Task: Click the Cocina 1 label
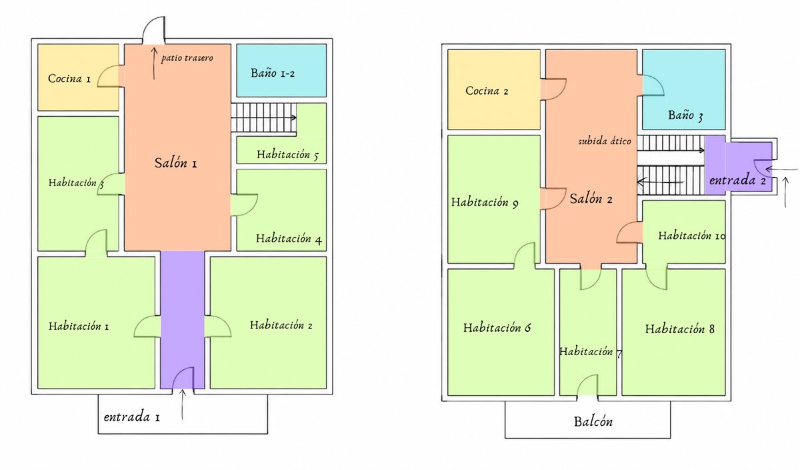tap(69, 78)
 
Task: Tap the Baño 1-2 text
tap(273, 73)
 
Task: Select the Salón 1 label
tap(175, 163)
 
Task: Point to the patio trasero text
tap(187, 58)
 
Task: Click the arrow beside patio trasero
tap(154, 63)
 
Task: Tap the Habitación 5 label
tap(287, 155)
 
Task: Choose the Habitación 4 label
tap(289, 238)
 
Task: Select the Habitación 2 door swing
tap(217, 326)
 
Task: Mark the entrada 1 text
tap(132, 417)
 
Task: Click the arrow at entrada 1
tap(183, 405)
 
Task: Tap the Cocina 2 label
tap(487, 91)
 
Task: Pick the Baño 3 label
tap(685, 115)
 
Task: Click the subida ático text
tap(604, 142)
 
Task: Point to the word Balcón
tap(593, 422)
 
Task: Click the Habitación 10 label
tap(692, 236)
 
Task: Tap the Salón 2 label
tap(591, 198)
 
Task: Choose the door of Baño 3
tap(653, 85)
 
